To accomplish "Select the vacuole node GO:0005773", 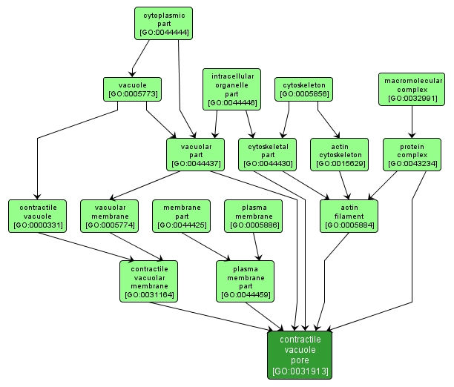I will coord(132,89).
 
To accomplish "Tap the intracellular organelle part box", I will coord(232,89).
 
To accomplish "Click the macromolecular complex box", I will coord(411,89).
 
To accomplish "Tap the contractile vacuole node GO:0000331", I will coord(37,214).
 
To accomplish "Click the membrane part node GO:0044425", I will coord(182,214).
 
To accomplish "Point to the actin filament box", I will coord(349,214).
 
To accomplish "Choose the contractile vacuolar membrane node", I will coord(149,281).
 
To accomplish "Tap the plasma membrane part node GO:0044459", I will coord(245,281).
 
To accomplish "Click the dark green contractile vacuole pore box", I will coord(300,354).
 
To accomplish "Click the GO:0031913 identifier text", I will coord(300,371).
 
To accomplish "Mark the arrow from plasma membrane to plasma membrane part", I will coord(256,245).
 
